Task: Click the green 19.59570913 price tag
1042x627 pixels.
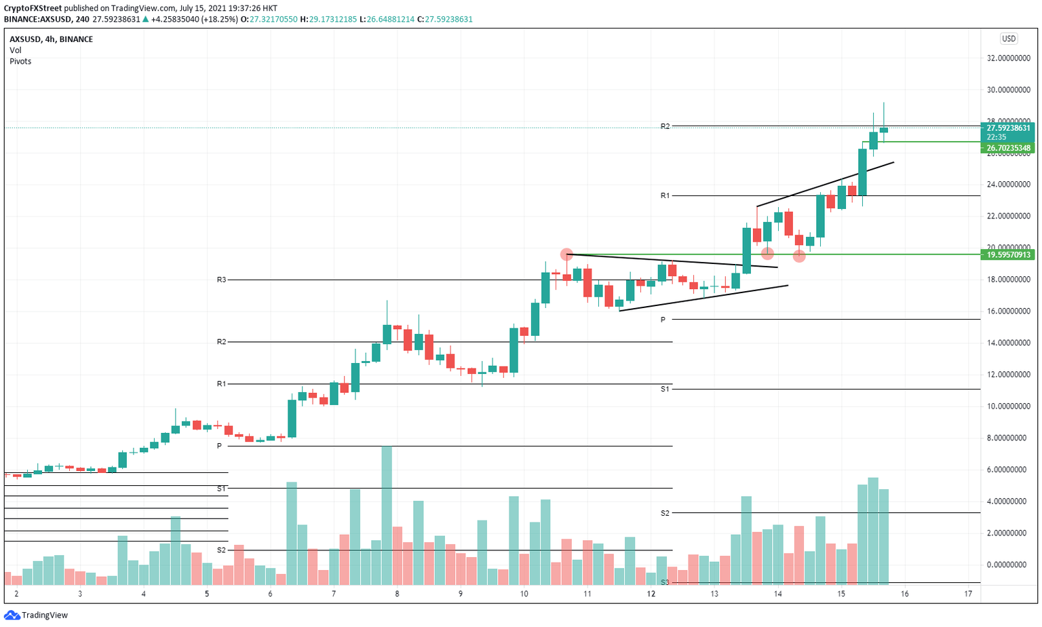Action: pos(1007,255)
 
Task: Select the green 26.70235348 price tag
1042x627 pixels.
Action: pos(1007,148)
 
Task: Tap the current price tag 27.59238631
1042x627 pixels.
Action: pos(1007,128)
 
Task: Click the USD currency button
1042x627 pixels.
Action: pos(1008,39)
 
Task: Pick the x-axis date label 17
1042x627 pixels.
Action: pos(968,594)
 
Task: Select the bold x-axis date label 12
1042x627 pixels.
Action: pos(651,594)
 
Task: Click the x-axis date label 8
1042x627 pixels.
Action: pos(397,594)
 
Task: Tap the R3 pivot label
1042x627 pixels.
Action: pos(221,280)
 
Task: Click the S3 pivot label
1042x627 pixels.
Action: pos(665,582)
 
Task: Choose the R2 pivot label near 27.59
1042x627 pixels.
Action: pos(665,126)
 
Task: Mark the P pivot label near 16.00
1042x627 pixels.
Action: pos(663,319)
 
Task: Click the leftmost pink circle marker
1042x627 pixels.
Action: pos(566,254)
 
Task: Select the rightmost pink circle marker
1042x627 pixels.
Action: pos(799,256)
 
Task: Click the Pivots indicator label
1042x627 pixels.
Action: pos(20,61)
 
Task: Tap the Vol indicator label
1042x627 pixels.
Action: pos(15,50)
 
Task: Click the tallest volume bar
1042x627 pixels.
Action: pos(387,516)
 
